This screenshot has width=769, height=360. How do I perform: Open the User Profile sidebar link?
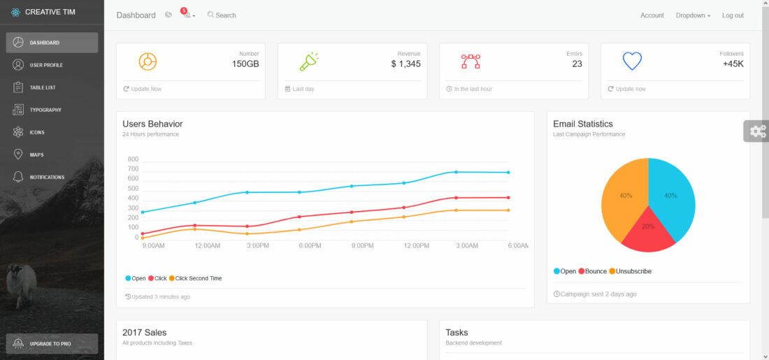tap(45, 65)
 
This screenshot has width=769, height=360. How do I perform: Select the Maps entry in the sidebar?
tap(36, 154)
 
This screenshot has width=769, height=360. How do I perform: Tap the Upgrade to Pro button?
tap(52, 343)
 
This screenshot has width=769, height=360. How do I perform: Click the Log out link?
tap(733, 15)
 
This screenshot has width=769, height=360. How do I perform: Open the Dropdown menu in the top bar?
tap(693, 15)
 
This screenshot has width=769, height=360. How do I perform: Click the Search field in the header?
tap(225, 15)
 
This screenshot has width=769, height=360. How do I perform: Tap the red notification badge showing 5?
tap(183, 10)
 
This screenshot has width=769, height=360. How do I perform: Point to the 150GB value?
tap(245, 64)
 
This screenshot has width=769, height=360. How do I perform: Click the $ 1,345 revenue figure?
tap(405, 64)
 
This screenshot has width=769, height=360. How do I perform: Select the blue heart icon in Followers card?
tap(632, 62)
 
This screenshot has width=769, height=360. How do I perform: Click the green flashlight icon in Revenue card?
tap(308, 62)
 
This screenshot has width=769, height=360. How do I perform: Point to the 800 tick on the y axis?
tap(133, 159)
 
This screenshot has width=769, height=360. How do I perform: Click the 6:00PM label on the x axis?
tap(310, 245)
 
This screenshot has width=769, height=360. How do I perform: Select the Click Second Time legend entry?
tap(198, 278)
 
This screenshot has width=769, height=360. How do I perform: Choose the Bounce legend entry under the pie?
tap(594, 271)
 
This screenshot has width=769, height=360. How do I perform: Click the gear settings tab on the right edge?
tap(756, 131)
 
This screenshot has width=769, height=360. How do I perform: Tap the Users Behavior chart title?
tap(152, 124)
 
